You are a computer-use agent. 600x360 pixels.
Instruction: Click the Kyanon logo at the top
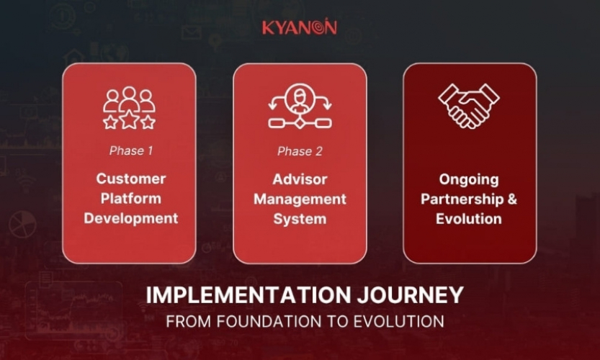[x=299, y=28]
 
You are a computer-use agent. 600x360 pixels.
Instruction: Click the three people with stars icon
[x=129, y=108]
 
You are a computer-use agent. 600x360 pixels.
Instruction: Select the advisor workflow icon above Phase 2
[x=300, y=107]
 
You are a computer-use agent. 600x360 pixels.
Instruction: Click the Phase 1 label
[x=129, y=151]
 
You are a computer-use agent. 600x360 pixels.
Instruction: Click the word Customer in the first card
[x=131, y=179]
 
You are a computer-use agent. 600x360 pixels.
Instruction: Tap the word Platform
[x=131, y=198]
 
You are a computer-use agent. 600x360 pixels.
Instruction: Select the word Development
[x=131, y=218]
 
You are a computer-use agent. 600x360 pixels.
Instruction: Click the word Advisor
[x=300, y=179]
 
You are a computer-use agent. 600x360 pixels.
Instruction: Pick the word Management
[x=300, y=199]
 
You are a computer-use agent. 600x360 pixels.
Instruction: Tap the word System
[x=300, y=218]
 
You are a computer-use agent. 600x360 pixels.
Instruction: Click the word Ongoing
[x=469, y=179]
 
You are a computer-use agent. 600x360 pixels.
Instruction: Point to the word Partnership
[x=462, y=199]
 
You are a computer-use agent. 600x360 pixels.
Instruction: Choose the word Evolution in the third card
[x=469, y=218]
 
